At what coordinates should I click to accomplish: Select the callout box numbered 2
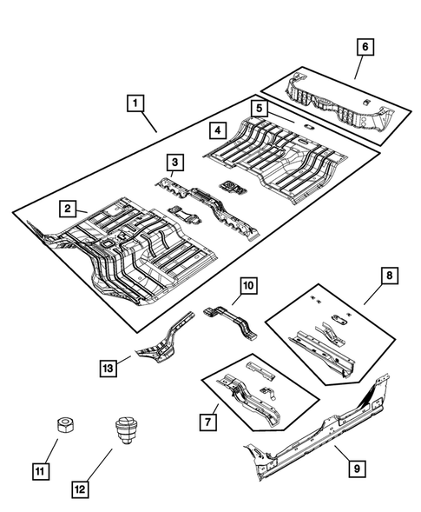(66, 208)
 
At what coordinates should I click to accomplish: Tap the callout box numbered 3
(174, 162)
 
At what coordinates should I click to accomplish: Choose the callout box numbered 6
(365, 49)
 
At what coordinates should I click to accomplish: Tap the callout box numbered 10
(247, 285)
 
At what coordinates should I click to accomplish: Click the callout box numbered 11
(41, 472)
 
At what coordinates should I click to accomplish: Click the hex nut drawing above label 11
(63, 426)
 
